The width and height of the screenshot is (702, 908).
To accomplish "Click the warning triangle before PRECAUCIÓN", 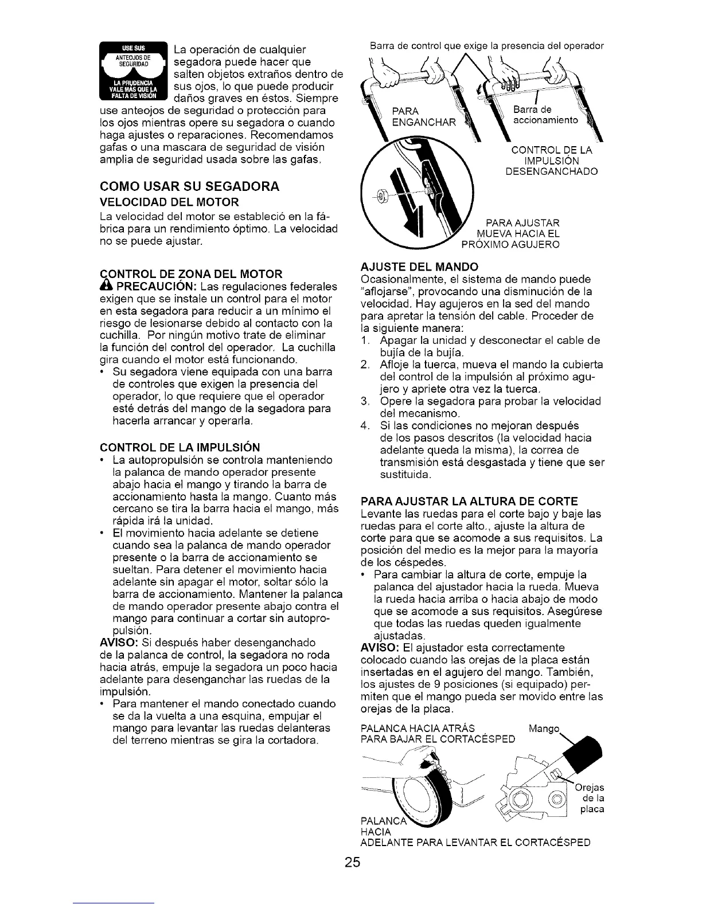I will (x=105, y=286).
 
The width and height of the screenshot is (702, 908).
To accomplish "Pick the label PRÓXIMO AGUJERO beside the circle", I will (x=510, y=245).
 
